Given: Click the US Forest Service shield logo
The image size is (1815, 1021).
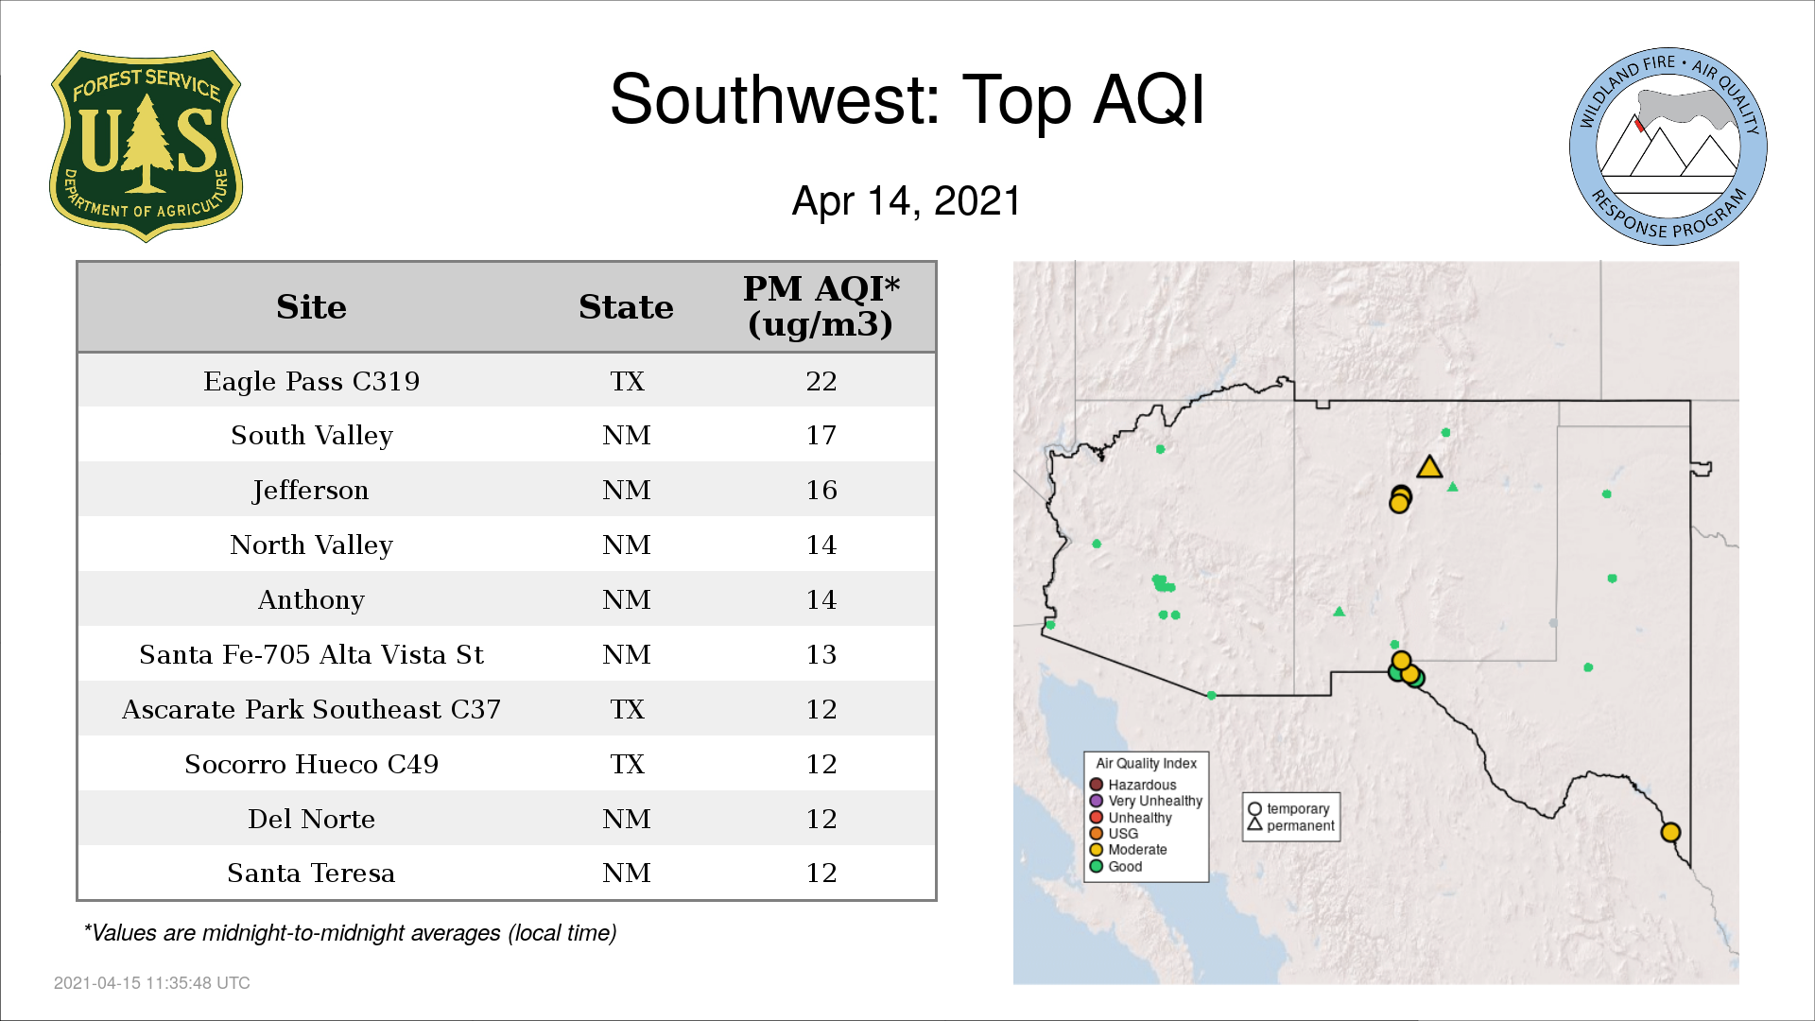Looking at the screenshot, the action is click(x=146, y=147).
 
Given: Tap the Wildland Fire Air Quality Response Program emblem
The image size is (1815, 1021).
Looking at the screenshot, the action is click(x=1668, y=147).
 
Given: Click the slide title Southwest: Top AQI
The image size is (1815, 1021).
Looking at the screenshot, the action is click(x=907, y=99).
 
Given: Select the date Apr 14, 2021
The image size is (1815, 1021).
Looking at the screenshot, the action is click(x=907, y=201).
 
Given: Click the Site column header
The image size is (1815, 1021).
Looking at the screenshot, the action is click(x=311, y=307).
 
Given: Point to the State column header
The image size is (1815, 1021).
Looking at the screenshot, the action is click(x=626, y=307).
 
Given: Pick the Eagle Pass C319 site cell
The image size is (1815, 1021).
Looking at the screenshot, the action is click(x=311, y=381).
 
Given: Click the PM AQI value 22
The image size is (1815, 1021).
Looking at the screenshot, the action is click(x=821, y=381).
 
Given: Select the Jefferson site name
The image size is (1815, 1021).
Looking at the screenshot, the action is click(x=311, y=491).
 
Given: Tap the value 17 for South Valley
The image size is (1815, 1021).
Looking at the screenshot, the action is click(x=821, y=436).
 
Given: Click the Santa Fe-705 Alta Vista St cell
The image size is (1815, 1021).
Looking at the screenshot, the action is click(x=311, y=655).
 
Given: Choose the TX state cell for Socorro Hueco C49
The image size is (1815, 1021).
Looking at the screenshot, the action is click(x=627, y=764).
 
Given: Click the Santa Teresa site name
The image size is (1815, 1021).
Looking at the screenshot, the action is click(x=311, y=874).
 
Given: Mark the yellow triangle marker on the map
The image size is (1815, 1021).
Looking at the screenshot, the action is click(x=1429, y=468).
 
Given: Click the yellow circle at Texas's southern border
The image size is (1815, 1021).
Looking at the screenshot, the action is click(x=1670, y=832).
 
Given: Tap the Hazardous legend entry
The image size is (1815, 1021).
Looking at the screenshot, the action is click(x=1132, y=785).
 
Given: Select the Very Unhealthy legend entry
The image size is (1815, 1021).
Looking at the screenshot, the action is click(x=1146, y=801).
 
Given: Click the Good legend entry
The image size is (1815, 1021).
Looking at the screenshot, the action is click(x=1115, y=866).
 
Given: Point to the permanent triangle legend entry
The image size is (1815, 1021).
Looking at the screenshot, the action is click(x=1291, y=825).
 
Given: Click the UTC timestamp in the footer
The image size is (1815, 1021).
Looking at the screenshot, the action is click(x=152, y=983).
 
